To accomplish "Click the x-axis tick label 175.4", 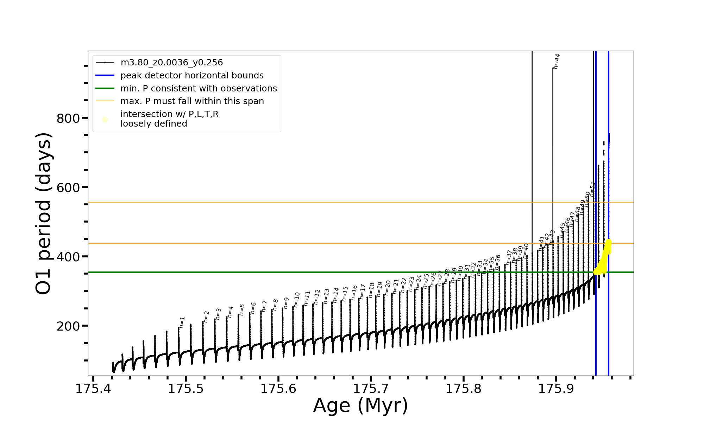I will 93,389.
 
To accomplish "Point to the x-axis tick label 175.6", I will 278,389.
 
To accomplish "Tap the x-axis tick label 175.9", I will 557,389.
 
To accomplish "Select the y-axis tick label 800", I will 68,118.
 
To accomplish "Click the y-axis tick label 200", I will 68,326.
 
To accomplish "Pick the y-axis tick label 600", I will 68,187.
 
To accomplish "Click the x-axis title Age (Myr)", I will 360,405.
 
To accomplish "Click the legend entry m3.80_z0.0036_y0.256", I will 171,63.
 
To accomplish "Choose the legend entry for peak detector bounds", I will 192,76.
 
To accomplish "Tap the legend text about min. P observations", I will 199,89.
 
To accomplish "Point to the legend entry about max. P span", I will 192,101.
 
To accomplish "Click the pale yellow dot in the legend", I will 105,120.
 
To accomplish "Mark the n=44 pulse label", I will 557,61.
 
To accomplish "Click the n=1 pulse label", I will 182,322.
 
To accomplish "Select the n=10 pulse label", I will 296,300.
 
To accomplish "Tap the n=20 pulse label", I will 388,287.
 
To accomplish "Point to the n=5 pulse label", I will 242,309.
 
